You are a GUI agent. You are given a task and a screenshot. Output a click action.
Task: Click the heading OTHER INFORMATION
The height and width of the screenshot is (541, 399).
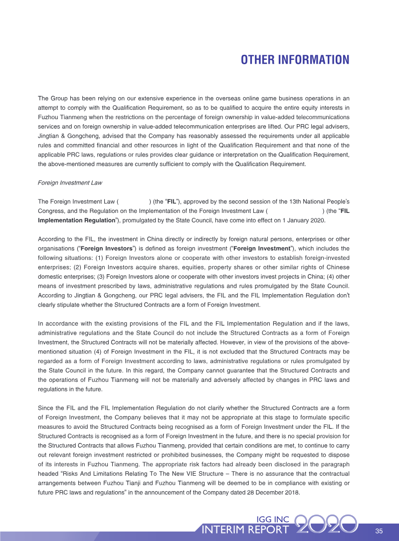pyautogui.click(x=295, y=60)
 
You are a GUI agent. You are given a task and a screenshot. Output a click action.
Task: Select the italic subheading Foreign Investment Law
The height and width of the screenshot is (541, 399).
pyautogui.click(x=70, y=183)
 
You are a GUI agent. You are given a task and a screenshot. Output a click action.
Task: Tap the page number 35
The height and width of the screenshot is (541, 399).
pyautogui.click(x=379, y=531)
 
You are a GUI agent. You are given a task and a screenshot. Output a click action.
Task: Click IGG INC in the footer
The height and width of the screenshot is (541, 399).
pyautogui.click(x=272, y=520)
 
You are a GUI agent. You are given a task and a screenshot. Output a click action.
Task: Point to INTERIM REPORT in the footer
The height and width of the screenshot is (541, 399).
pyautogui.click(x=245, y=530)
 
